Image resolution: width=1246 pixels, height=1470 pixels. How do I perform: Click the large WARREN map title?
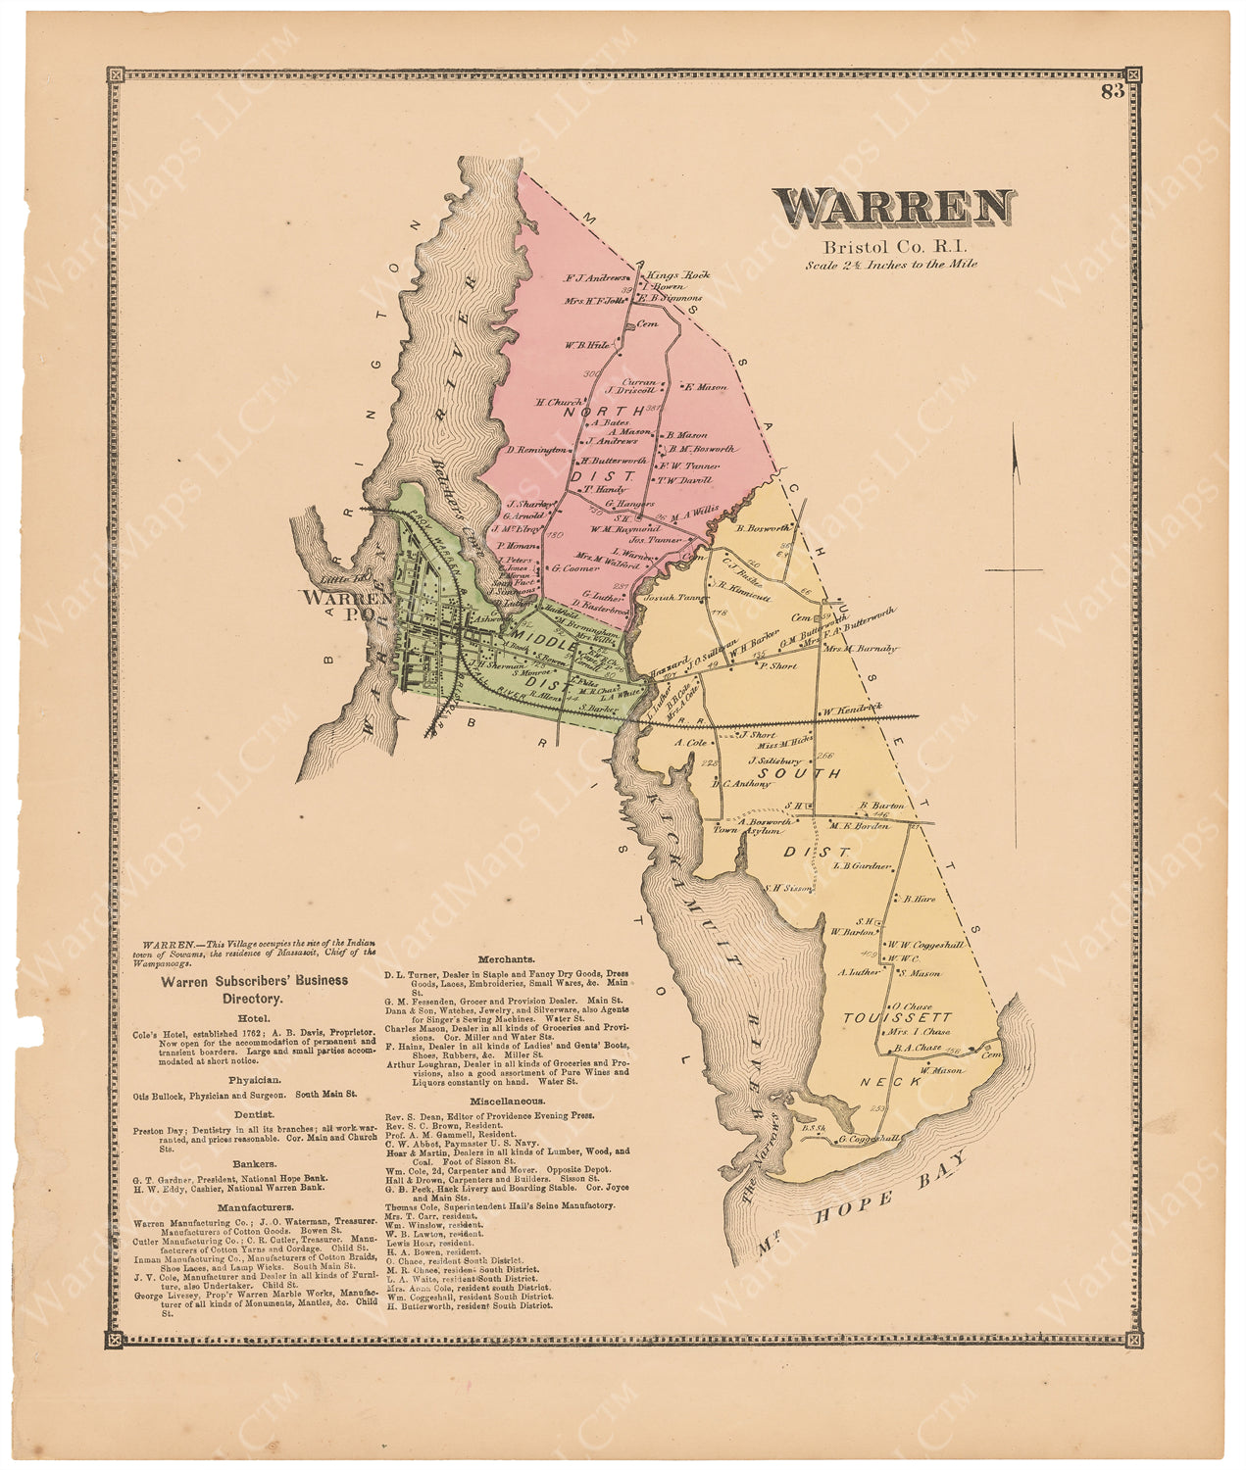tap(894, 208)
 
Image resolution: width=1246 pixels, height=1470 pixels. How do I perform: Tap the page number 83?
tap(1112, 92)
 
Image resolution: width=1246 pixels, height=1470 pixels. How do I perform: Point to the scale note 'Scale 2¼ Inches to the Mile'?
tap(891, 264)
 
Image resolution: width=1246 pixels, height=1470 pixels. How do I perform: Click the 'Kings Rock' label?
tap(678, 275)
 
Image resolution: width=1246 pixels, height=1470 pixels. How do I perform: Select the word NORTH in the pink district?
tap(610, 412)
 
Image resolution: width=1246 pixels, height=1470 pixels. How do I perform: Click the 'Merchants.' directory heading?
tap(506, 958)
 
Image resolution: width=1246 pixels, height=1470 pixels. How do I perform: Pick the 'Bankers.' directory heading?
tap(253, 1164)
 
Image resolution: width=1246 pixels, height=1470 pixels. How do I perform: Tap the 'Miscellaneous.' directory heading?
tap(506, 1101)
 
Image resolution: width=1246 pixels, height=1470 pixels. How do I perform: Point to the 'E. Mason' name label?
tap(706, 387)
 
